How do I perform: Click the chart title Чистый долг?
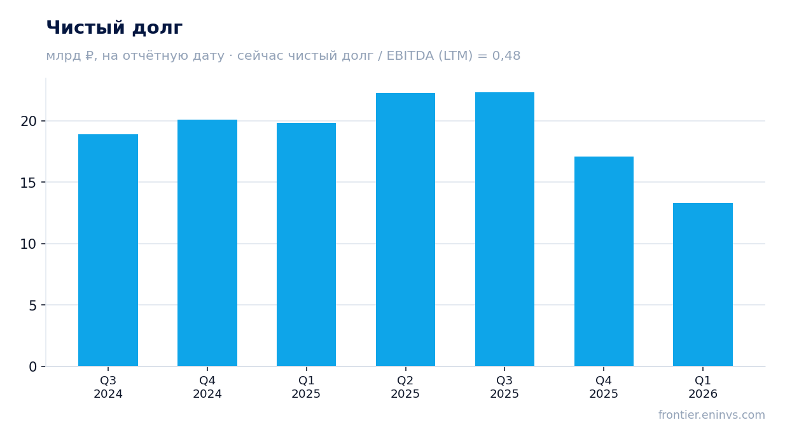pos(115,28)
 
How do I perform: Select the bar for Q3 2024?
pos(108,250)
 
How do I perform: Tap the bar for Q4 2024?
pos(207,243)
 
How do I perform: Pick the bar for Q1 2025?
pos(306,244)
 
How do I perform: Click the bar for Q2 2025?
pos(405,230)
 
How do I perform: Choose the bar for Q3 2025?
pos(504,229)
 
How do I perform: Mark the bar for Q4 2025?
pos(604,262)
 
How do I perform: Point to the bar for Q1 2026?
pos(703,284)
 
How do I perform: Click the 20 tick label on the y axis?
pos(29,122)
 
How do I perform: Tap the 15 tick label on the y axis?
pos(29,183)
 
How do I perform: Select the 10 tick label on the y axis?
pos(29,244)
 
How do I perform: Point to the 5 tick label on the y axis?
pos(32,305)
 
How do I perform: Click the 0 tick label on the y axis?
pos(32,367)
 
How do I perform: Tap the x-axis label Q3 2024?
pos(108,387)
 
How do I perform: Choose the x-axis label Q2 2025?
pos(405,387)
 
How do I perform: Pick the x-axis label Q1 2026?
pos(703,387)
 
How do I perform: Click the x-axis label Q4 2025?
pos(604,387)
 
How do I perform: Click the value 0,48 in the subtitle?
pos(506,56)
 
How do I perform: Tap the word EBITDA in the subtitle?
pos(410,56)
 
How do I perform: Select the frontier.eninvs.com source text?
pos(711,415)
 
